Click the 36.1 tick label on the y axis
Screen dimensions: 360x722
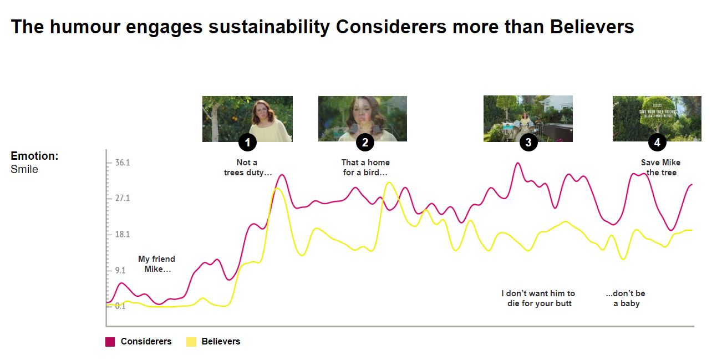[x=122, y=163]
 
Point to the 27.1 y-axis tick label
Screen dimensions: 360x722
[x=122, y=198]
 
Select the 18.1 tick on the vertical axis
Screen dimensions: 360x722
[x=122, y=234]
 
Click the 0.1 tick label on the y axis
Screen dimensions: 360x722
[x=120, y=306]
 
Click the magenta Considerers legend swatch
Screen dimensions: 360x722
[x=110, y=342]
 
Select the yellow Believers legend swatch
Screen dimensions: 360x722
[x=191, y=342]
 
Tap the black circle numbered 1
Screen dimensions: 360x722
[x=247, y=143]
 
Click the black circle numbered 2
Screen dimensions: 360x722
[x=365, y=143]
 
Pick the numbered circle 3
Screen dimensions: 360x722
[x=528, y=143]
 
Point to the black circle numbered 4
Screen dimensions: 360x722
[x=657, y=143]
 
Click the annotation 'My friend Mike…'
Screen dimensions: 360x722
[x=156, y=264]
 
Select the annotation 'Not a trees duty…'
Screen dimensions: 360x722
[x=247, y=168]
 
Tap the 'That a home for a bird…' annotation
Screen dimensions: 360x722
[x=365, y=168]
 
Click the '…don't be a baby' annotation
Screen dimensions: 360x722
[x=626, y=298]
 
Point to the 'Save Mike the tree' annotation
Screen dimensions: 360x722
[x=660, y=168]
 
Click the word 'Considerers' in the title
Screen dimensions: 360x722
[x=391, y=27]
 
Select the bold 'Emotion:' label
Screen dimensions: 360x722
[x=34, y=156]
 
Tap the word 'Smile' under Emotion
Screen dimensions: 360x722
[x=24, y=170]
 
